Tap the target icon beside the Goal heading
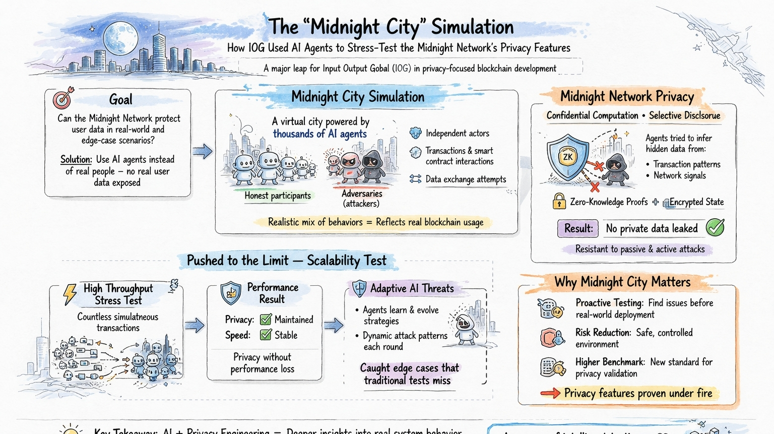click(x=63, y=98)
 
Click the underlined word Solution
click(x=76, y=160)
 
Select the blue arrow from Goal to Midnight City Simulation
click(x=203, y=151)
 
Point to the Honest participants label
click(x=278, y=196)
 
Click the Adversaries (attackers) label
click(x=361, y=199)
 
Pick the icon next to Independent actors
click(x=415, y=133)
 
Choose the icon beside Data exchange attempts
click(x=415, y=179)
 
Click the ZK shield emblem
click(x=568, y=157)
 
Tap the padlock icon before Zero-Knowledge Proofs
click(x=559, y=201)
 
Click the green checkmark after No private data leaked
click(x=715, y=228)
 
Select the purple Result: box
click(x=578, y=228)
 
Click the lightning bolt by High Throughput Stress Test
click(x=70, y=294)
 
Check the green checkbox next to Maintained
click(x=266, y=320)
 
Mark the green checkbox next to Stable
click(x=266, y=335)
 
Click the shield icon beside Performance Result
click(x=231, y=293)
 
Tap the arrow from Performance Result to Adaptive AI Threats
click(x=334, y=326)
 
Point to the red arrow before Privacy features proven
click(x=550, y=393)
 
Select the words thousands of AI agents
click(x=319, y=134)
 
